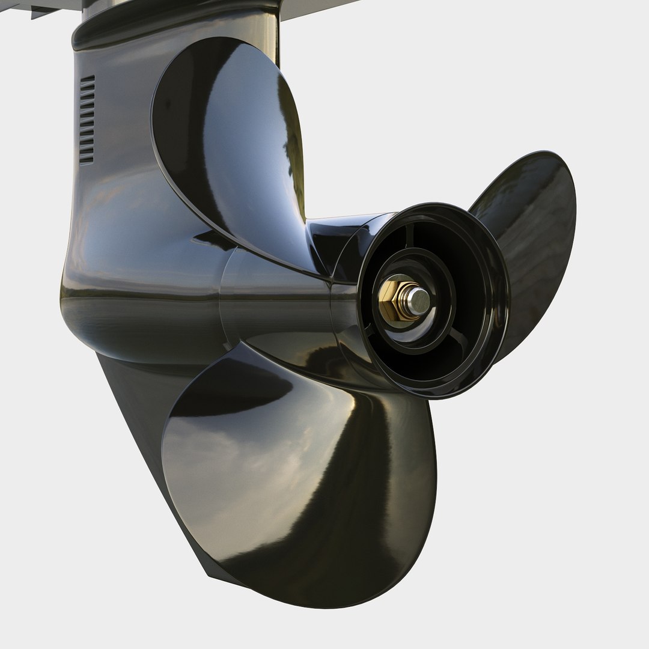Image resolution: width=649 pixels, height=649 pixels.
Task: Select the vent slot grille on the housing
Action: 87,120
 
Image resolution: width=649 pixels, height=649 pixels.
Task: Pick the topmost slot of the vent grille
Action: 88,79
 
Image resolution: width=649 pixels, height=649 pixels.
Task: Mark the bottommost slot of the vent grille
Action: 87,161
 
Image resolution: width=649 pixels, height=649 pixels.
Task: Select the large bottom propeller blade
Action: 300,481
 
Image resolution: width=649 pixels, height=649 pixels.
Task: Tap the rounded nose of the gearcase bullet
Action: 78,282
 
